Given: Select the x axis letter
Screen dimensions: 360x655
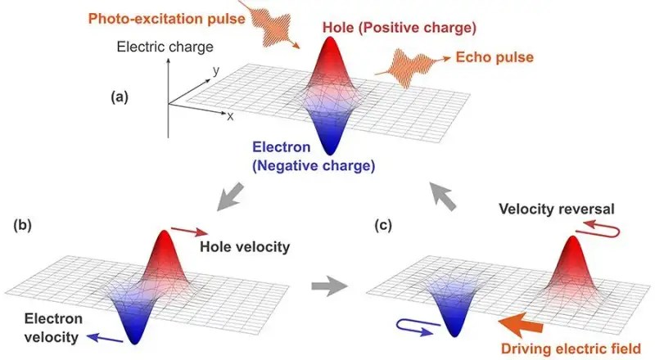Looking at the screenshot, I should [x=231, y=117].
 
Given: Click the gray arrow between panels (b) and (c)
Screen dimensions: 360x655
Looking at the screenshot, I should [x=329, y=286].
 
